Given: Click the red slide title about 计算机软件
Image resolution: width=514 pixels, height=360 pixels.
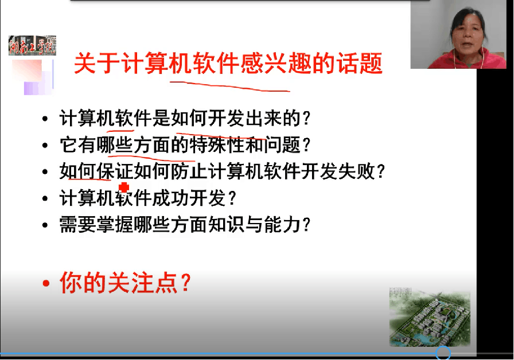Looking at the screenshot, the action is point(228,63).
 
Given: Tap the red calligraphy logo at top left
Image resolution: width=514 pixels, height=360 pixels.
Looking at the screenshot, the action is point(33,45).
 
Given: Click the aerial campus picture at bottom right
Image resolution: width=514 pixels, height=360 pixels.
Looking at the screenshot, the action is point(430,317).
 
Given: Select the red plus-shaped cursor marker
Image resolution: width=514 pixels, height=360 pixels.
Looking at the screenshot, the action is point(124,187).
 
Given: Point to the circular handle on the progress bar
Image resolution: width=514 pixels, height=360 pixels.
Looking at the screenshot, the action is point(443,353).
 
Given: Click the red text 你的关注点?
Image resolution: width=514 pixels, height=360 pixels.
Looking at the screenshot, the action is point(125,283).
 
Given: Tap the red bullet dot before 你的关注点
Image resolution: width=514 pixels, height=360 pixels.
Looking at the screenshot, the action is point(46,283).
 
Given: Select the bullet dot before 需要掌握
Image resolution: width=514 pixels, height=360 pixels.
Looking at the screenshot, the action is point(45,225).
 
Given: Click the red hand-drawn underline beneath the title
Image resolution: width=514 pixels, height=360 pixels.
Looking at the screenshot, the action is point(230,87).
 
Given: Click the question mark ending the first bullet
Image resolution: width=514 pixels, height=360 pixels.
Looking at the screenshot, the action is point(306,118).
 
